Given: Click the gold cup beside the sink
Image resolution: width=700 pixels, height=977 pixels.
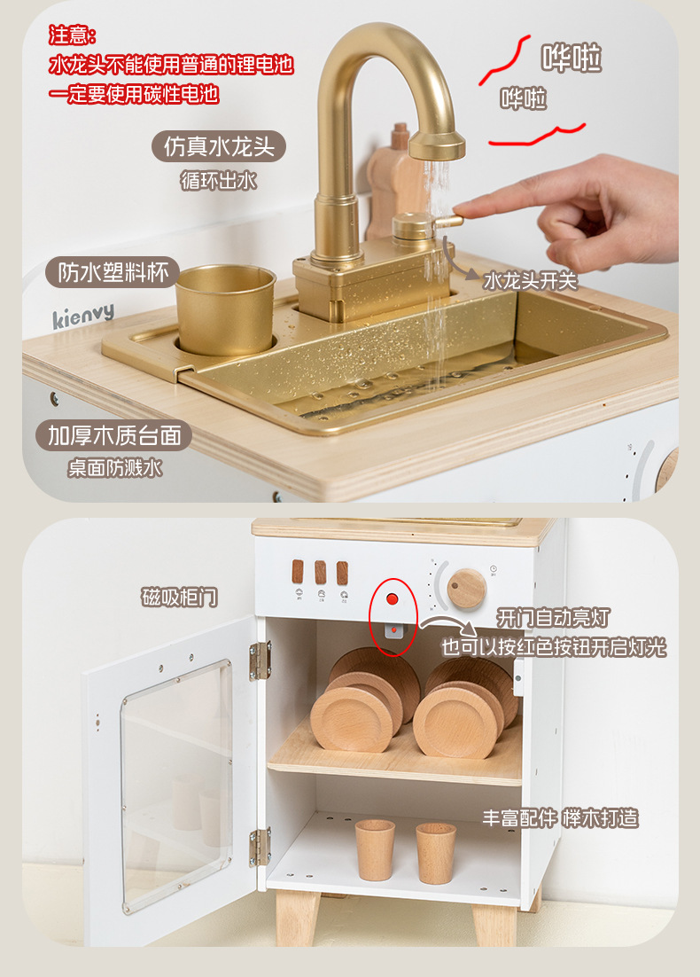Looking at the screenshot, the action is pos(225,309).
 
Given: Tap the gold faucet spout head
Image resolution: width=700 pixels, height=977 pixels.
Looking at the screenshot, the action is pos(437,144).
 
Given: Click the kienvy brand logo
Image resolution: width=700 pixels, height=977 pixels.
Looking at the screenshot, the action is pos(83,316).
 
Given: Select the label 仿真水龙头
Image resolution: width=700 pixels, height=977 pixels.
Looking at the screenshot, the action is pos(219,146).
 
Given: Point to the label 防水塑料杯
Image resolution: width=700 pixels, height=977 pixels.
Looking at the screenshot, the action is pos(113,272).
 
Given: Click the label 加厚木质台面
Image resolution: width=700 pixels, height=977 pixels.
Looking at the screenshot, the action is pos(114,435).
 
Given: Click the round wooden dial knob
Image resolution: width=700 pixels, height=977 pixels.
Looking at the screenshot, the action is pos(466,588).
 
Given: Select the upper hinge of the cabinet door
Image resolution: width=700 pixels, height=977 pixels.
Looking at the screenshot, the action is pos(261,660).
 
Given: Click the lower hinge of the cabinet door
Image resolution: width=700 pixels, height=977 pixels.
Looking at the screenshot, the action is pos(261,847).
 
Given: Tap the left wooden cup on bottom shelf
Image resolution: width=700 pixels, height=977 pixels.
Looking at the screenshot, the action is pos(375,850).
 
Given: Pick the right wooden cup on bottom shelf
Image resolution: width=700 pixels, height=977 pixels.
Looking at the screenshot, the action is pos(436,853).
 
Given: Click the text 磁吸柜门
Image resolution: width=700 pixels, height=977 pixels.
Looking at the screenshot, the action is pos(179,597).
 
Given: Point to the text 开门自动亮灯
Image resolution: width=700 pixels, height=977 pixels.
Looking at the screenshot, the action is pos(553,617).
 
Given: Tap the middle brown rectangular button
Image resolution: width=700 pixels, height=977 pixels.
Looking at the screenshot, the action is pos(320,572).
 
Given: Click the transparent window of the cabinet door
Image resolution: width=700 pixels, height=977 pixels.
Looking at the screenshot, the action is pos(177,784).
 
